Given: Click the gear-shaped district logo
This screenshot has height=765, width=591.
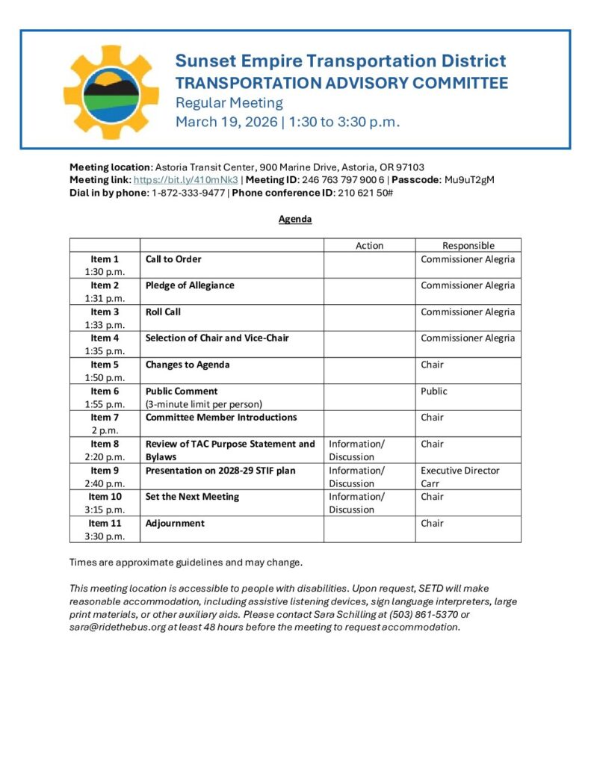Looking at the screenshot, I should [102, 92].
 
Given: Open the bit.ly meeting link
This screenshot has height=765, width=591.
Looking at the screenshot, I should [185, 180].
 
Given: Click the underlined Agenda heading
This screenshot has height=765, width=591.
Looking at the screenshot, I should [295, 220].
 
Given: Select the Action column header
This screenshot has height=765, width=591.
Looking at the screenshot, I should [369, 245].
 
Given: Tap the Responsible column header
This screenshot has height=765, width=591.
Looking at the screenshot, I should [468, 245].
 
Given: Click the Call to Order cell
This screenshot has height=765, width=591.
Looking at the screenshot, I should [173, 259].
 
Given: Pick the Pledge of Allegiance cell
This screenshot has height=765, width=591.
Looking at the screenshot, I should [190, 285].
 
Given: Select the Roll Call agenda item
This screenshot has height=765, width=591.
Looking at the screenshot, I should [163, 312].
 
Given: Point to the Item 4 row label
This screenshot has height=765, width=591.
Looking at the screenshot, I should [105, 338].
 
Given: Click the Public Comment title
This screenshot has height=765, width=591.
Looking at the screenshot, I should [182, 391].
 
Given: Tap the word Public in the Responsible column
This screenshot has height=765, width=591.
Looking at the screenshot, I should [434, 391].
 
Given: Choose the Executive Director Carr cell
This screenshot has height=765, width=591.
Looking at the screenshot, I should [460, 477].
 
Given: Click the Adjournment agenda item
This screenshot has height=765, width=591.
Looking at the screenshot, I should [175, 523].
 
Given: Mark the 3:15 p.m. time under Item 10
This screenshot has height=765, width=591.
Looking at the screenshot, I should [105, 510].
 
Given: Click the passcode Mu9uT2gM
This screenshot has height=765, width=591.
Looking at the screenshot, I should [469, 180].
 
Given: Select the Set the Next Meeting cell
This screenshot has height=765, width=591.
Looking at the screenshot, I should [192, 497].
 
